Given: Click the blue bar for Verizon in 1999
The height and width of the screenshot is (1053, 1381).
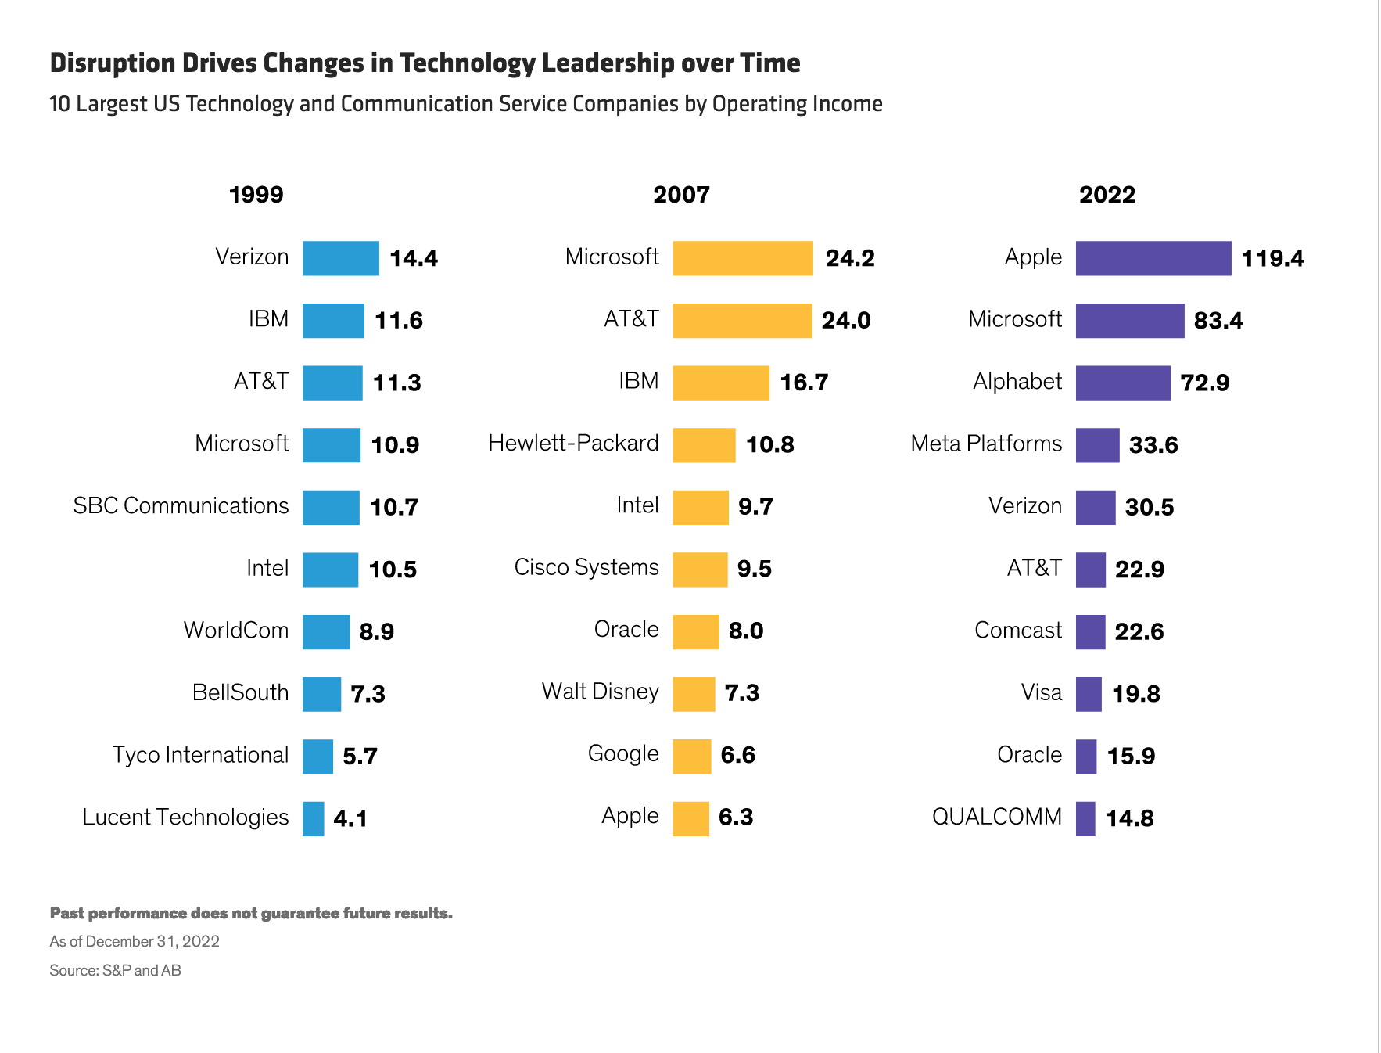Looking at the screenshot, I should point(340,258).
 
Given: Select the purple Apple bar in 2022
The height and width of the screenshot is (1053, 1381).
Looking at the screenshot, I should point(1153,258).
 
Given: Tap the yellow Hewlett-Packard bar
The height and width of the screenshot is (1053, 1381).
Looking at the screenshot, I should point(704,445).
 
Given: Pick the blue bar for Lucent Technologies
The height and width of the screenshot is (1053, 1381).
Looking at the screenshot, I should point(314,819).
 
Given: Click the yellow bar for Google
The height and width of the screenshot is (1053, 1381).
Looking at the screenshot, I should point(692,757).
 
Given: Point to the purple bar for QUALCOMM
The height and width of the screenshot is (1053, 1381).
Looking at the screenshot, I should point(1085,819).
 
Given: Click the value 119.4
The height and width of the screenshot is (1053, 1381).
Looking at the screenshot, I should point(1272,258).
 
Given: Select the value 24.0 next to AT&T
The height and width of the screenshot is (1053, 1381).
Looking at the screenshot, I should point(845,321).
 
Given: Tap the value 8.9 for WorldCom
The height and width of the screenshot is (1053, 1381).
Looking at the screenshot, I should point(376,631).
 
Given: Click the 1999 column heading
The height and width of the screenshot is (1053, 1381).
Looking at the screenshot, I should point(256,195).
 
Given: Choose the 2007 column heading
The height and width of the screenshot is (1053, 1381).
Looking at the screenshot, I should point(681,195).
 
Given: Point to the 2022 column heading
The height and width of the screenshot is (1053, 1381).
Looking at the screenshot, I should point(1107,195).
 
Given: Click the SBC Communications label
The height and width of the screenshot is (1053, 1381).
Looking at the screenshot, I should point(181,506).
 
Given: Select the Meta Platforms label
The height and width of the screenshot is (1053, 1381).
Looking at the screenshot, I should point(986,444).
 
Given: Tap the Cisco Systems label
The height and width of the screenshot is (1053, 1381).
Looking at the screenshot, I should point(586,567).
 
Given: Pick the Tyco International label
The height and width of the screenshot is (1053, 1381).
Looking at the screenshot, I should point(200,755).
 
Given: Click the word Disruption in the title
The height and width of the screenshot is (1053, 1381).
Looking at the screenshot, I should point(112,63).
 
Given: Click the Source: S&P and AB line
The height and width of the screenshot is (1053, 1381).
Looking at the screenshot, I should point(115,971).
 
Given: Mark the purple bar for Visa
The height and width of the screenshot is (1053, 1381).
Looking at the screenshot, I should point(1089,694).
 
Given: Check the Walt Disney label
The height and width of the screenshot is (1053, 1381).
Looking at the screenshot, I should point(600,692).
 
